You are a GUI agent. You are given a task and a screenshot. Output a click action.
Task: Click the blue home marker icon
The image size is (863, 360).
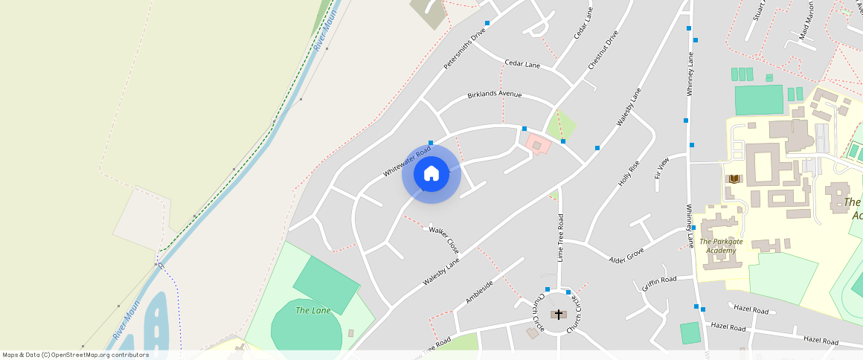[x=431, y=174]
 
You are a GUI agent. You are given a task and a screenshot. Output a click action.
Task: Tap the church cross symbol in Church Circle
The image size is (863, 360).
[x=558, y=315]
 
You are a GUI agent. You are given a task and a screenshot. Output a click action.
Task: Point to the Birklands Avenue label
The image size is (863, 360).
[x=495, y=94]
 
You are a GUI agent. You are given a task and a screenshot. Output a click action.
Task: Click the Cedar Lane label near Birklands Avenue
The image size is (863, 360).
[x=522, y=64]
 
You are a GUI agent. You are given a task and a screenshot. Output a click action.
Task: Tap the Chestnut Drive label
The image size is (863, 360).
[x=603, y=51]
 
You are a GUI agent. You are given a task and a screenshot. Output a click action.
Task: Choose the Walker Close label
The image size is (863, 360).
[x=443, y=238]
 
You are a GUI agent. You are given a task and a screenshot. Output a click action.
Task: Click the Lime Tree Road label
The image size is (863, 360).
[x=561, y=237]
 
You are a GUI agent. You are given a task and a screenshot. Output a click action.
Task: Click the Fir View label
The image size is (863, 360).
[x=661, y=167]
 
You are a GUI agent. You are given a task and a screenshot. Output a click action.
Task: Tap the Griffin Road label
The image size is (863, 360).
[x=659, y=283]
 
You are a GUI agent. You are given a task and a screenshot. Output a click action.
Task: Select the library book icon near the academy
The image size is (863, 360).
[x=734, y=179]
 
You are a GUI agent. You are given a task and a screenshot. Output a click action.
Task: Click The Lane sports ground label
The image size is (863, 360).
[x=313, y=310]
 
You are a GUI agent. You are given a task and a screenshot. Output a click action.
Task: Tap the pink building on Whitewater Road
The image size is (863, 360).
[x=537, y=144]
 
